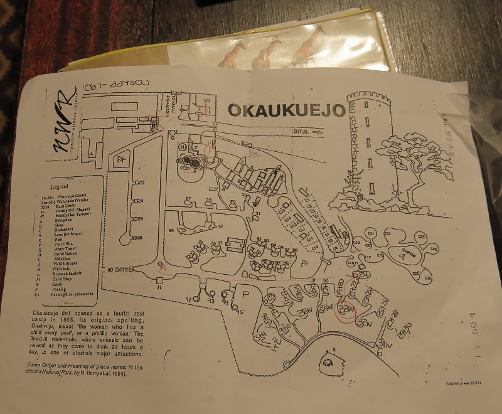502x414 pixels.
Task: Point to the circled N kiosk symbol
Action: click(183, 147)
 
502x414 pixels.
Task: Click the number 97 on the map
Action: click(220, 226)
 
